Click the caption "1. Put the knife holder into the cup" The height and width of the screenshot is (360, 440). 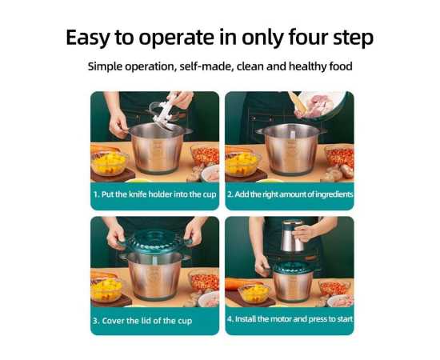point(155,194)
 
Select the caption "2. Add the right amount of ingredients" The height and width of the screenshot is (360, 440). point(290,194)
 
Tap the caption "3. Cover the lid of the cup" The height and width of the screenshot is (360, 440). point(142,321)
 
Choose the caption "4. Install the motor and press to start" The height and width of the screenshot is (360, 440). point(290,319)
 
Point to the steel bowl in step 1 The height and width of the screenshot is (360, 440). point(158,149)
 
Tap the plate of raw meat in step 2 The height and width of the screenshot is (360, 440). point(320,106)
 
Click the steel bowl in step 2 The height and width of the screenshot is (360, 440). point(291,150)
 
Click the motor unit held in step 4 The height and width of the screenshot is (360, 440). point(294,235)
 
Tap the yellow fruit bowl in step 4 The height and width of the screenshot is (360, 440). point(254,292)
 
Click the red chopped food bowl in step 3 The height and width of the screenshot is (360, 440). point(205,281)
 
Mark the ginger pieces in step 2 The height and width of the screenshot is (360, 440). point(338,172)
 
